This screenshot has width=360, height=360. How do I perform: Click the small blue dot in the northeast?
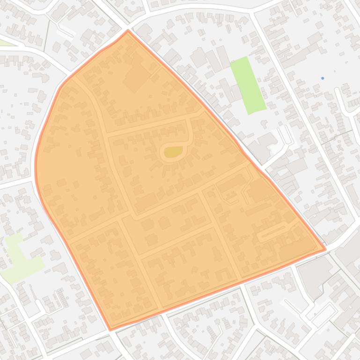click(323, 78)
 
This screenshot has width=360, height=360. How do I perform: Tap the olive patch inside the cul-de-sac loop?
click(173, 151)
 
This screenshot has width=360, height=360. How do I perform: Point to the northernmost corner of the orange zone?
click(128, 31)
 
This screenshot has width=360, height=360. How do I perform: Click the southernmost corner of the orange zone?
click(110, 330)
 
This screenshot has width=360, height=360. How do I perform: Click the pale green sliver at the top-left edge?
click(6, 43)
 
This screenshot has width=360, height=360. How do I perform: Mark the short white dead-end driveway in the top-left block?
click(66, 30)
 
